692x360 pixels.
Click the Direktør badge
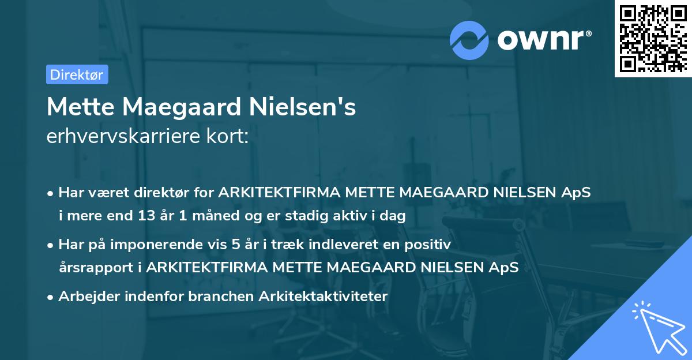77,74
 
